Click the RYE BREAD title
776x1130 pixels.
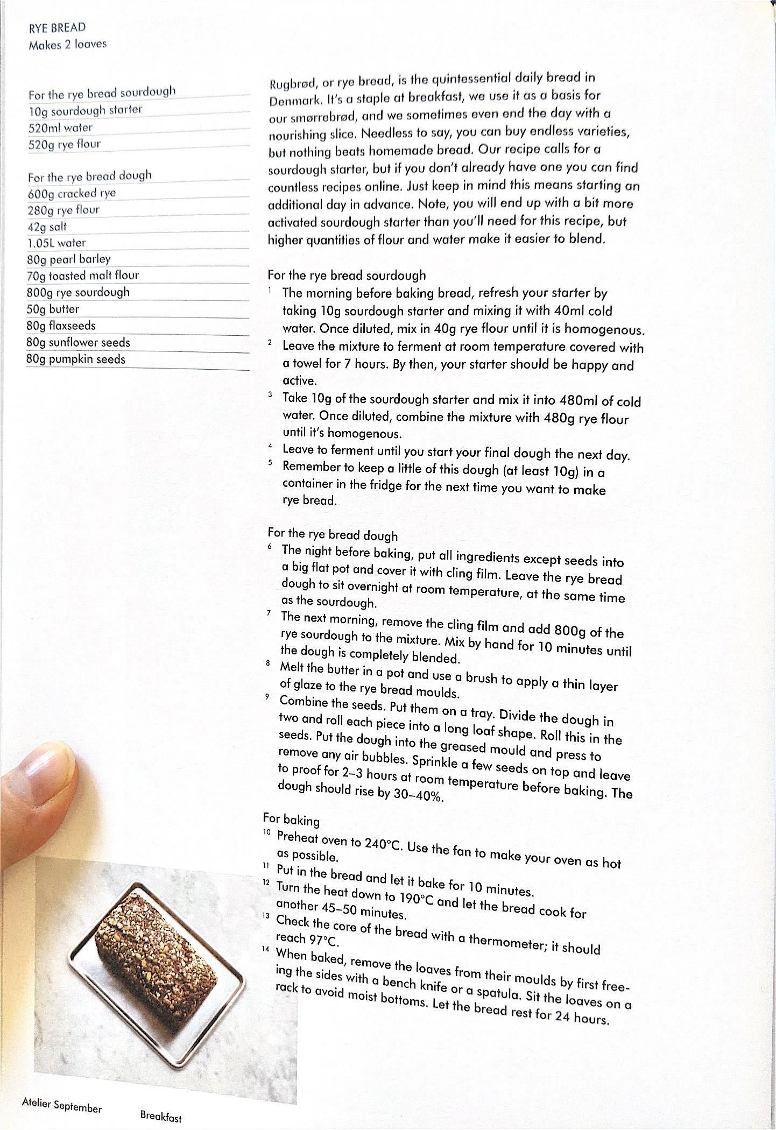[57, 27]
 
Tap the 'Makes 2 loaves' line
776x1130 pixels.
[68, 44]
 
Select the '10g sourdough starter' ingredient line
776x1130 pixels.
[86, 110]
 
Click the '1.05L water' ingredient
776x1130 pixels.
[57, 243]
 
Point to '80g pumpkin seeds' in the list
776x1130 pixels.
[76, 359]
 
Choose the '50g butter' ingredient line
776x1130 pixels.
[53, 309]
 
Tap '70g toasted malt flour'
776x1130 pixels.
[83, 276]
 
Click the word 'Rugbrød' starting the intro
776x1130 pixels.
[293, 84]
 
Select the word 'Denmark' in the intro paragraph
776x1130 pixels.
[294, 101]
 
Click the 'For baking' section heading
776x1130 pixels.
[291, 819]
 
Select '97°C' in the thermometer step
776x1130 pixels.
[323, 940]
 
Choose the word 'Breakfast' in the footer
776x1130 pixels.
[160, 1116]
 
